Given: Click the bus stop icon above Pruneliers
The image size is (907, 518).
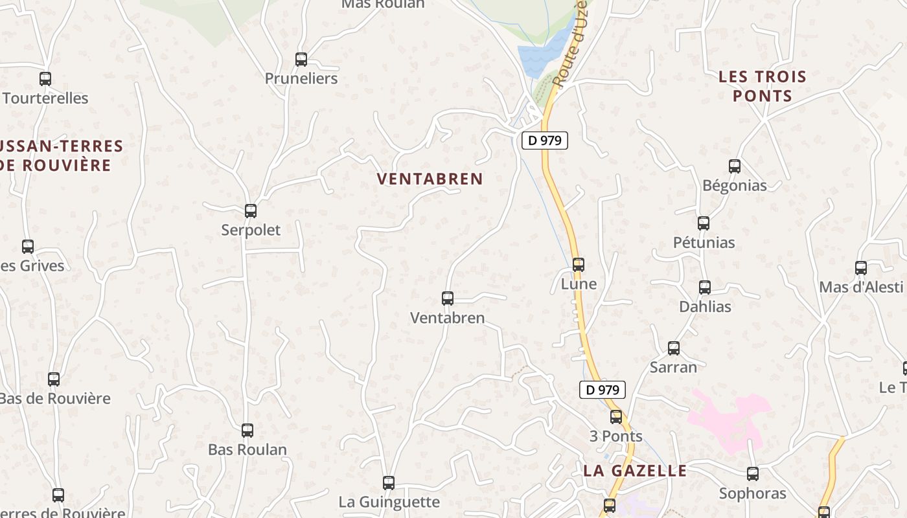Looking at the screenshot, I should tap(301, 60).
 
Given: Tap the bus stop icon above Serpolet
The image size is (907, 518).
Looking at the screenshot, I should tap(251, 211).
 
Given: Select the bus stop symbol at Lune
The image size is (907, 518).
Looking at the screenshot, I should tap(579, 265).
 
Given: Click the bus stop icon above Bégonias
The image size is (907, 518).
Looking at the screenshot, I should tap(735, 166).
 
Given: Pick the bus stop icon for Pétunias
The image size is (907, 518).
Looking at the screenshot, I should tap(704, 223).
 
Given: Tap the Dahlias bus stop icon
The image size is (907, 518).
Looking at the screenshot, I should tap(705, 287).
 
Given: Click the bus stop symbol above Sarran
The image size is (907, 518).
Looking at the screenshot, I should tap(674, 348).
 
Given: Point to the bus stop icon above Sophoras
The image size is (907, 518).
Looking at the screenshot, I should tap(753, 474).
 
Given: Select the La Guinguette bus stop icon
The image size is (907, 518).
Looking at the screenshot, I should tap(389, 483).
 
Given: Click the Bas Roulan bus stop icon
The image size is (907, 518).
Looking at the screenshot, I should tap(247, 431).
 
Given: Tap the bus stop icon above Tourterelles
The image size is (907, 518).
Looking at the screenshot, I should tap(45, 79).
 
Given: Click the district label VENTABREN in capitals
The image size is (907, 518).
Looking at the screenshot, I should tap(430, 179).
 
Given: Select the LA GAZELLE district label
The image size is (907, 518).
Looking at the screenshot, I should tap(634, 471).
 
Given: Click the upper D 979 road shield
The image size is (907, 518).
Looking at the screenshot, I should tap(544, 140).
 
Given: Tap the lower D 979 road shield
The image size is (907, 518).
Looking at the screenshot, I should tap(602, 390).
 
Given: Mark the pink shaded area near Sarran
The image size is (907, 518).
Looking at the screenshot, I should tap(729, 418).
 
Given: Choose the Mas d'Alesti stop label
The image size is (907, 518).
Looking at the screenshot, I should tap(861, 287).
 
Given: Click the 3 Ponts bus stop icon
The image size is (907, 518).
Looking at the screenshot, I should tap(616, 417).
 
